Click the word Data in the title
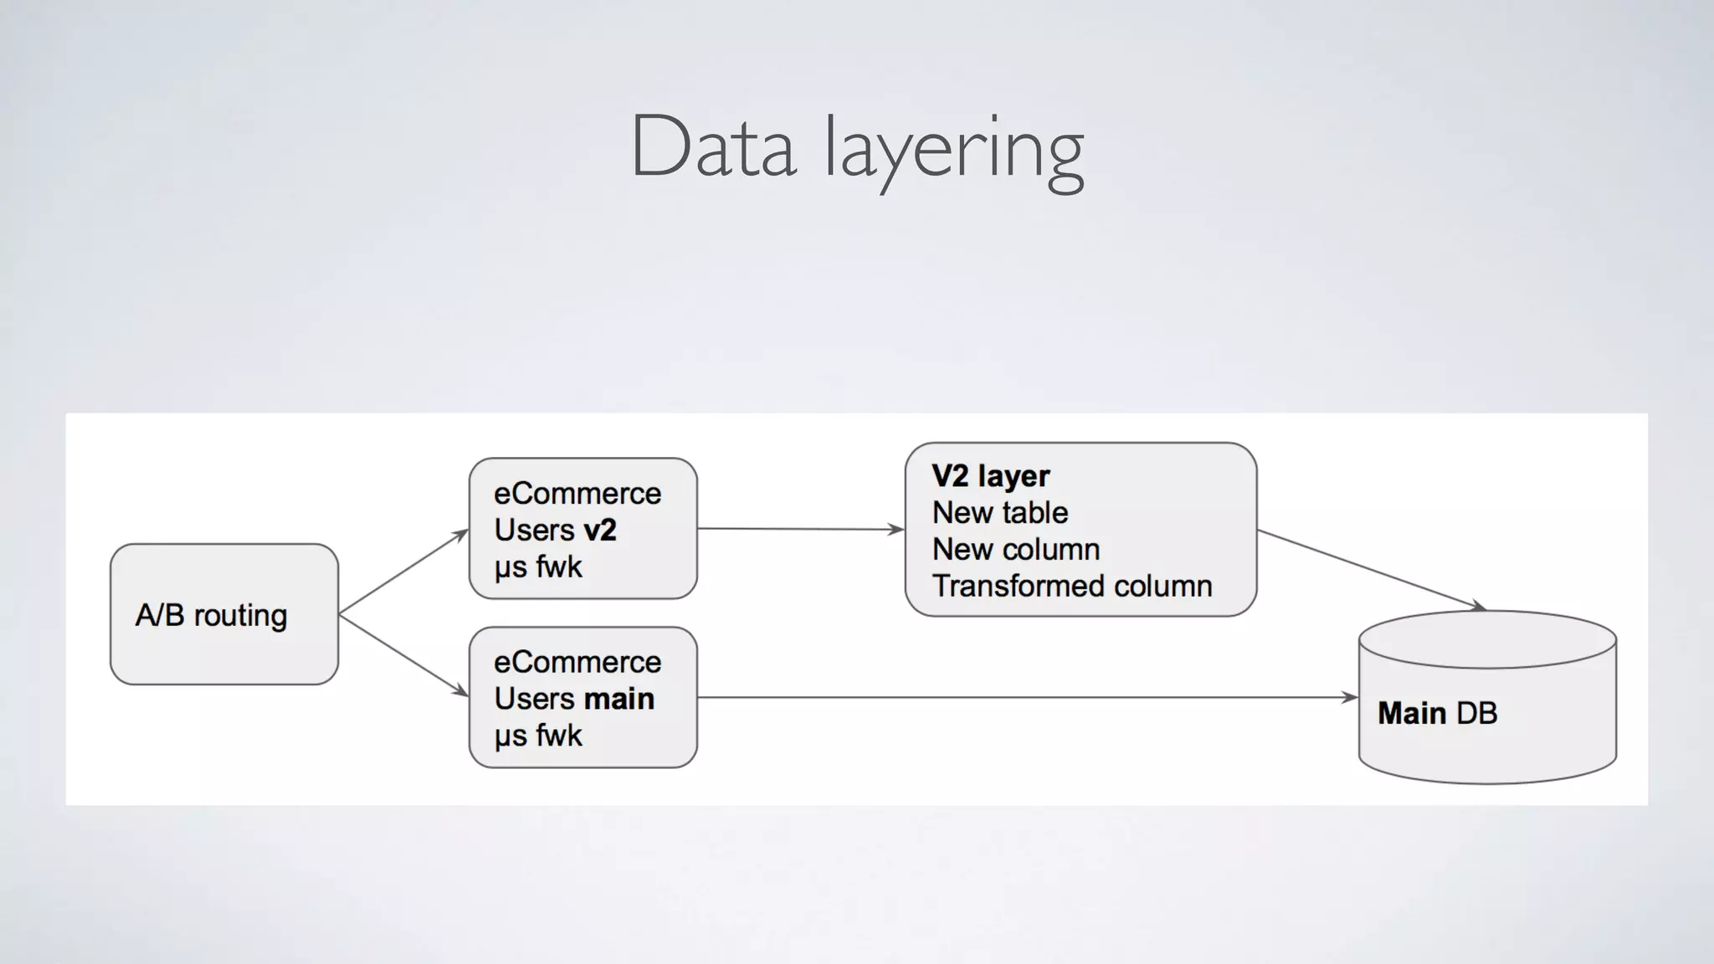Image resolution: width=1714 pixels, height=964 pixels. (x=712, y=148)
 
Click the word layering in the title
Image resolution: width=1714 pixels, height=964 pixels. (x=954, y=151)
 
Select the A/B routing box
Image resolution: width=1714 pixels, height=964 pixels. (x=223, y=614)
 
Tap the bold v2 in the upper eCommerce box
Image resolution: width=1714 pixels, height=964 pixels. (x=600, y=530)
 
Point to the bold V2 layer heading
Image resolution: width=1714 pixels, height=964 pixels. (x=990, y=475)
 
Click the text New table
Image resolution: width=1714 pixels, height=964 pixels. (x=1000, y=512)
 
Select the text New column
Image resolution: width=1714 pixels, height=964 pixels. (x=1016, y=549)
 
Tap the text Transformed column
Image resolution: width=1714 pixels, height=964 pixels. (x=1072, y=586)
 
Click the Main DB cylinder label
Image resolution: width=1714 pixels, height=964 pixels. (x=1437, y=713)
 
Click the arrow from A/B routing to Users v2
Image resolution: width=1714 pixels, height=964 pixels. (x=403, y=572)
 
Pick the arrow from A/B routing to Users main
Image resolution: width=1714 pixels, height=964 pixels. (x=403, y=655)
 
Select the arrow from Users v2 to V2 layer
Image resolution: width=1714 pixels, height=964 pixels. (x=799, y=529)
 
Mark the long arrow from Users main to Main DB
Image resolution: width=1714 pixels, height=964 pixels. (x=1025, y=697)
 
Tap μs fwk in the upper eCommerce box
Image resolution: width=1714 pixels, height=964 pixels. (x=537, y=567)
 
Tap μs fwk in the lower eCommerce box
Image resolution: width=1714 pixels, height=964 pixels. (x=537, y=736)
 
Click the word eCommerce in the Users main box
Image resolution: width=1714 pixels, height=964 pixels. (x=577, y=662)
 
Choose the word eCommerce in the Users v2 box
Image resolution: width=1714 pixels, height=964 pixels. (x=577, y=493)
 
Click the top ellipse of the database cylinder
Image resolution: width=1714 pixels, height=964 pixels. (x=1487, y=639)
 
